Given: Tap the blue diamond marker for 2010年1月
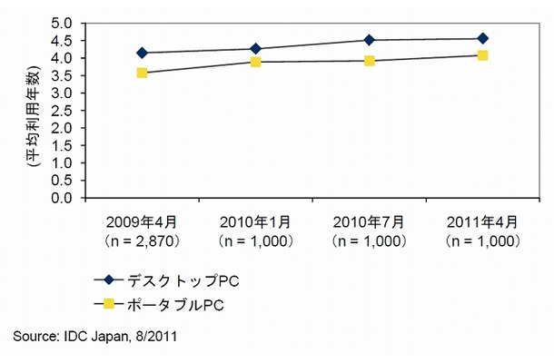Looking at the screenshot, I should click(256, 48).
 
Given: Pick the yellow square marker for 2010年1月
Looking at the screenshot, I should click(256, 62).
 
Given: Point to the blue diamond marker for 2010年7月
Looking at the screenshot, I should click(370, 40).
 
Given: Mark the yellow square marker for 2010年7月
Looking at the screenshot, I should click(370, 61).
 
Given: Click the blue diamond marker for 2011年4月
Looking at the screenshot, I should click(483, 38).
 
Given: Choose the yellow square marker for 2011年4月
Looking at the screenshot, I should click(483, 55).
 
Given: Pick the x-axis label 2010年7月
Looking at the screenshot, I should click(370, 224).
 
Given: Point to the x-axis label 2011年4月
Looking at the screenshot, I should click(483, 224).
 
